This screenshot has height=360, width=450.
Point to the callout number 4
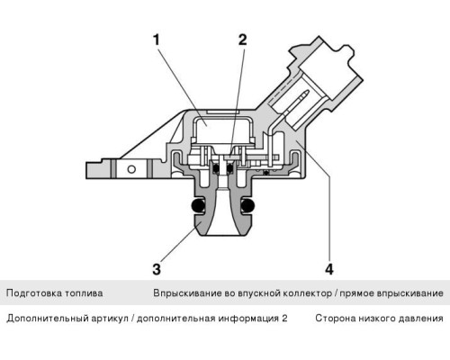coord(329,268)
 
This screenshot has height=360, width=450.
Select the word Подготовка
coord(35,293)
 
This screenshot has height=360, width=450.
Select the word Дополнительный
coord(44,319)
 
